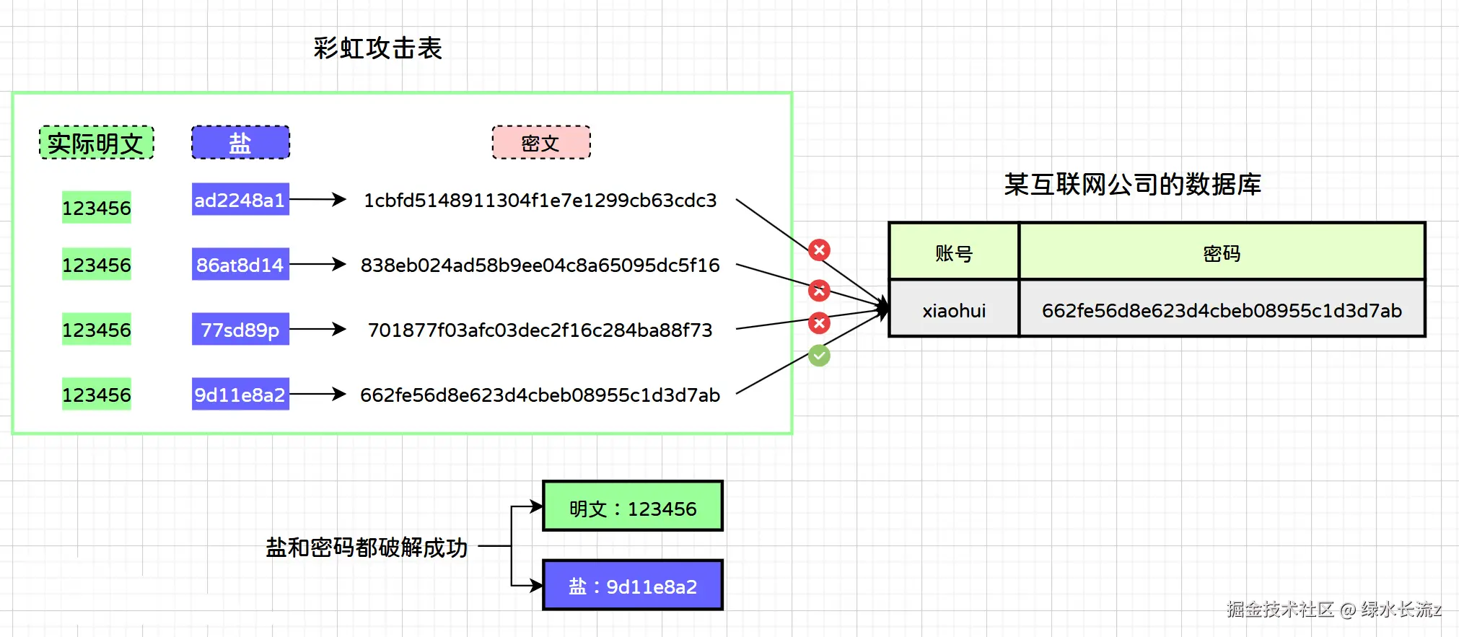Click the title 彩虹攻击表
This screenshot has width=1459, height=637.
click(x=377, y=48)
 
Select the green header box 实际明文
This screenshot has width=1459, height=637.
click(x=96, y=143)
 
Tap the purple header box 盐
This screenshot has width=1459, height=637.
click(x=240, y=143)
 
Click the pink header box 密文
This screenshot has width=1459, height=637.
click(x=540, y=143)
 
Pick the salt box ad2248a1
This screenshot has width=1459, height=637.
click(x=240, y=200)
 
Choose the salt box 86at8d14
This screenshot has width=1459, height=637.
click(x=240, y=265)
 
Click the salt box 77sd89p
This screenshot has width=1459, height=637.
click(x=240, y=330)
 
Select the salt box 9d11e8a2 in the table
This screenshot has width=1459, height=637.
click(x=240, y=395)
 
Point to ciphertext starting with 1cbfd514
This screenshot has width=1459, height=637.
click(x=540, y=201)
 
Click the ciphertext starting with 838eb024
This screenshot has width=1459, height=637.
click(x=540, y=265)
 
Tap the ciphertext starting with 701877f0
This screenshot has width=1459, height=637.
click(x=540, y=330)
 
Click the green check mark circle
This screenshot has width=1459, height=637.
click(x=819, y=355)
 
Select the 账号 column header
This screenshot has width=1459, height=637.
click(x=953, y=252)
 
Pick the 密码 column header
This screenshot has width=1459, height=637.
click(x=1222, y=252)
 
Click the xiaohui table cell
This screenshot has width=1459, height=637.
click(x=953, y=310)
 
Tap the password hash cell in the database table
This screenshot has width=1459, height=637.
click(x=1222, y=310)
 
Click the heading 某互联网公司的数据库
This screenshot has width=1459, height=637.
click(x=1132, y=185)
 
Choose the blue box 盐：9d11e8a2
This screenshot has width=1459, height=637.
click(x=633, y=586)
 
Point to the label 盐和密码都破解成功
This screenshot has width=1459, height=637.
click(x=367, y=548)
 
